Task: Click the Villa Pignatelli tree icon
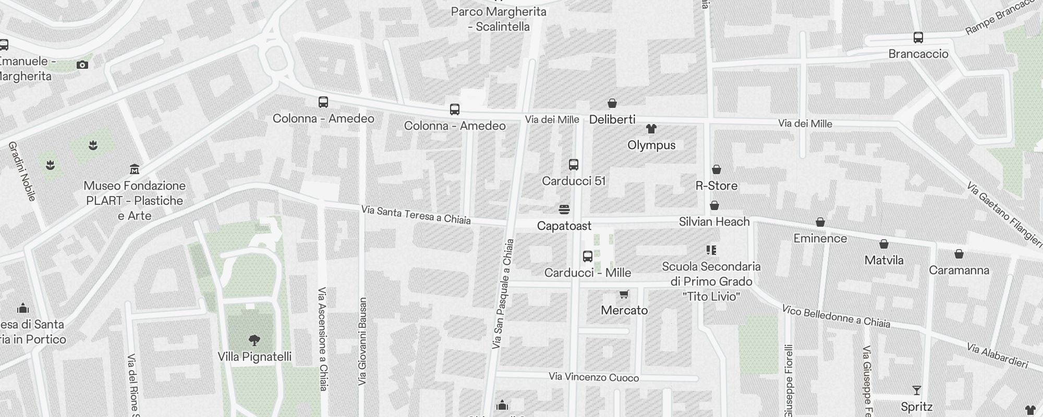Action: click(254, 340)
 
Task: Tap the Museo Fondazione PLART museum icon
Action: click(135, 169)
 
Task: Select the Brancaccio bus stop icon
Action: click(918, 38)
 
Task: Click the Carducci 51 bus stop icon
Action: click(573, 165)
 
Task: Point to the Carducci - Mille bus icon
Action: click(587, 256)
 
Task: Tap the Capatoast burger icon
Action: click(564, 210)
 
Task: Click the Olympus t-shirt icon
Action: click(651, 129)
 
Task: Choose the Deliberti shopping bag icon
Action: click(612, 103)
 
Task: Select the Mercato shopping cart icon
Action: click(624, 295)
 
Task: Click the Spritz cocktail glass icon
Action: click(916, 390)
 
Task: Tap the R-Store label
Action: click(716, 186)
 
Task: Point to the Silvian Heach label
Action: click(714, 222)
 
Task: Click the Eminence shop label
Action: click(820, 238)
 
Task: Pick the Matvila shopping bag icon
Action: click(883, 244)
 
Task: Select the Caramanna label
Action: click(959, 270)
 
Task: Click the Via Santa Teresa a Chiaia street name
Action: click(416, 215)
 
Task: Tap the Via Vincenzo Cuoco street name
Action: click(593, 377)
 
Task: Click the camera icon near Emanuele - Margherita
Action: click(82, 65)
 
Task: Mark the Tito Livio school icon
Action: click(711, 250)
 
